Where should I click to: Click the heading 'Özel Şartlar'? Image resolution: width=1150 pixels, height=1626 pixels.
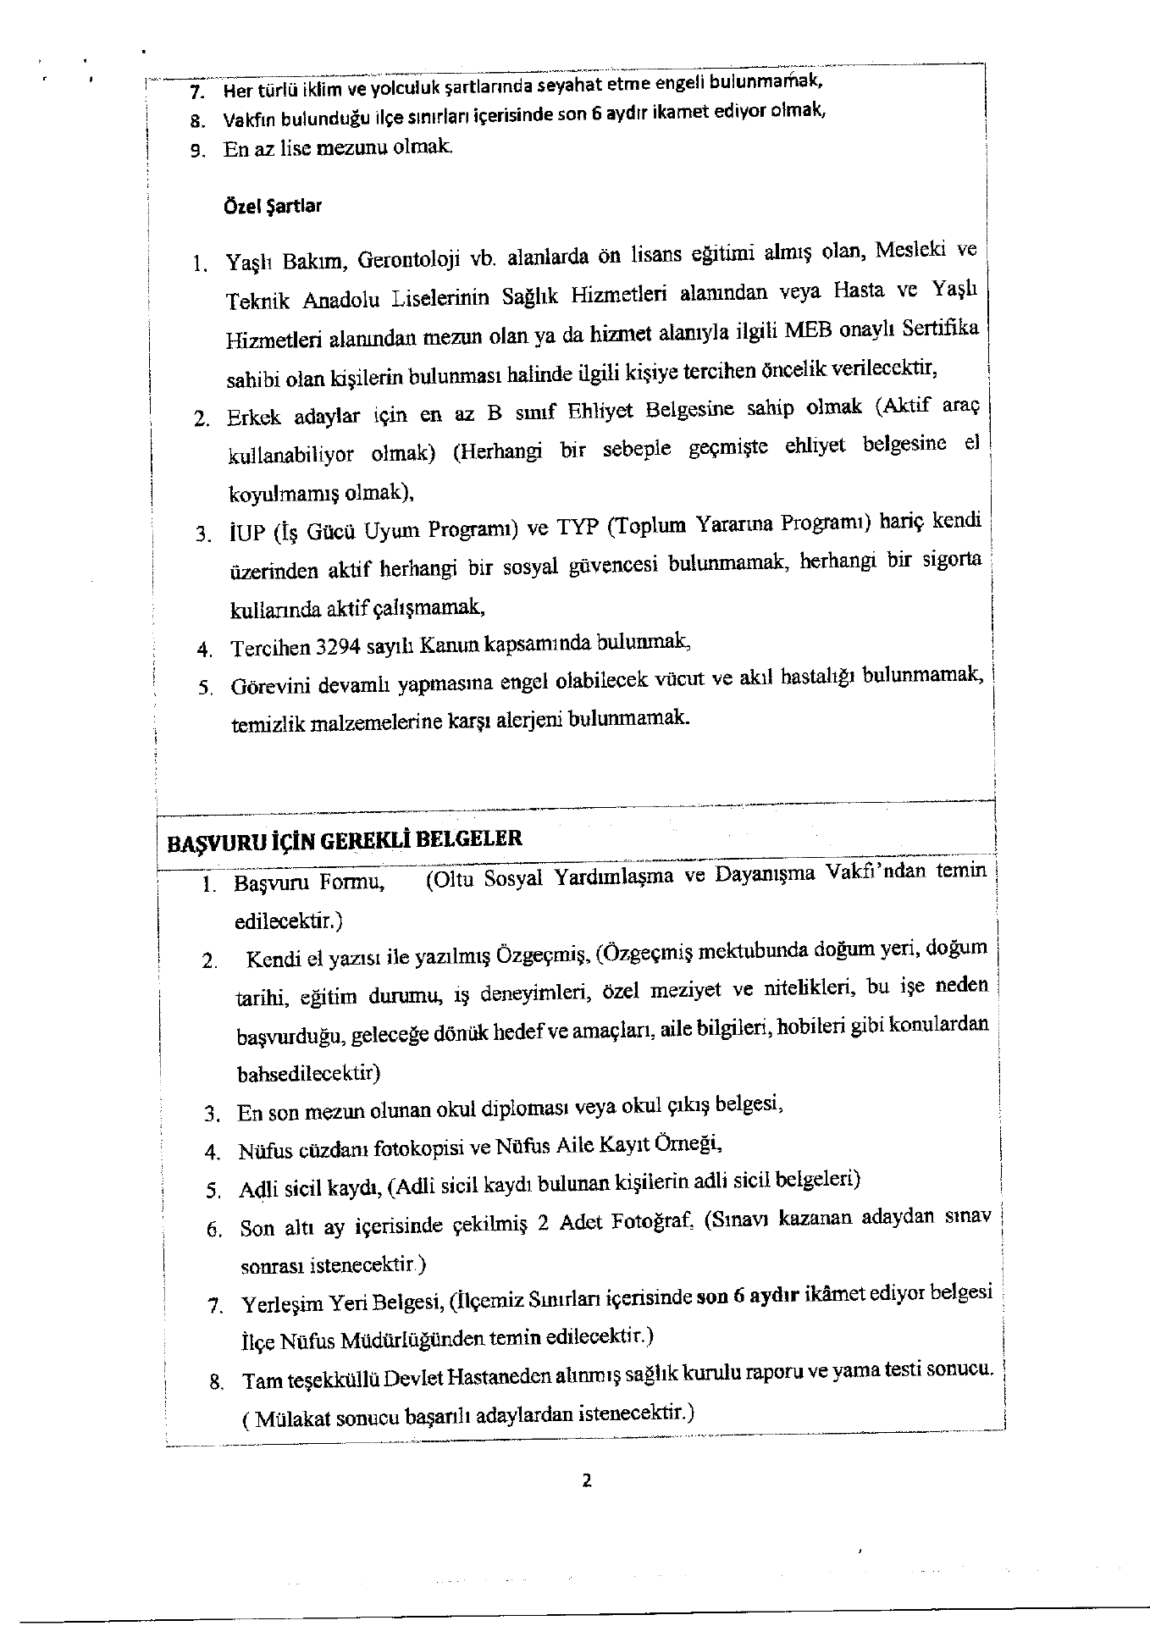tap(272, 206)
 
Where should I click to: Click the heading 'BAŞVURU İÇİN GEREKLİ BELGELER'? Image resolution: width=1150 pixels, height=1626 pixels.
tap(344, 840)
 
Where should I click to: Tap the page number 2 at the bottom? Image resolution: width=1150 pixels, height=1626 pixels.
tap(586, 1480)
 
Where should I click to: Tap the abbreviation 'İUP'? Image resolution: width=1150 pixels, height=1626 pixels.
tap(246, 534)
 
